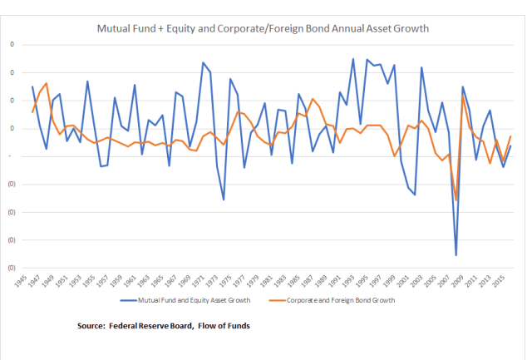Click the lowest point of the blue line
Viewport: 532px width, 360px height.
456,255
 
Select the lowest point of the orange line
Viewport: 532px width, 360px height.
456,200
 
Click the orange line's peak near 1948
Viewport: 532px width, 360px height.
47,83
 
